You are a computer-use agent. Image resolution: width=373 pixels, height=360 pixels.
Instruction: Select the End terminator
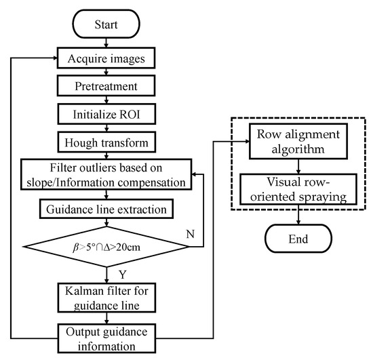tap(299, 238)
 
